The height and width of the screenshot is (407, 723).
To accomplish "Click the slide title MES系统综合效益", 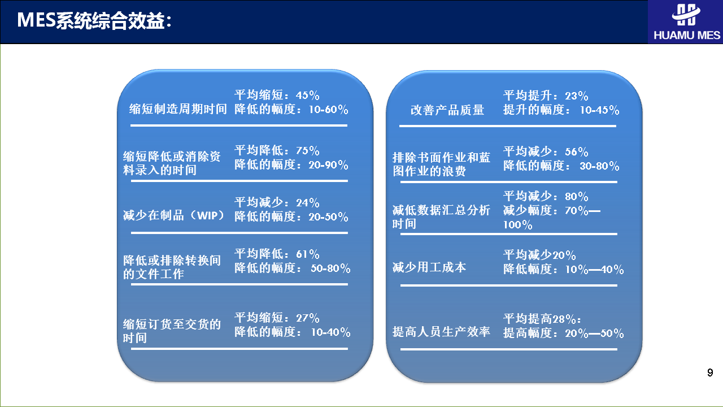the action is point(94,20).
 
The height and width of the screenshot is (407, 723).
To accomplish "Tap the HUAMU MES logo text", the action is point(687,35).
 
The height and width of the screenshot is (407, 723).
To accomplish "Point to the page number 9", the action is point(710,373).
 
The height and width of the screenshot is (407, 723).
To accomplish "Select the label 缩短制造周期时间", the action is point(178,109).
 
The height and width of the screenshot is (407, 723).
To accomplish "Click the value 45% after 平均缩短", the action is point(308,96).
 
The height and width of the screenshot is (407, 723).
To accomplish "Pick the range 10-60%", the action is point(329,110).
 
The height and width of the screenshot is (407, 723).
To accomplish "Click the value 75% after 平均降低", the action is point(308,151).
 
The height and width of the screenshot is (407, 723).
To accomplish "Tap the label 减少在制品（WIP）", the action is point(173,215).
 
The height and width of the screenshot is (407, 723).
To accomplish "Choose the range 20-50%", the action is point(329,217).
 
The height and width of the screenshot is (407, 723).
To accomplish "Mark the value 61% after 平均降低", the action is point(308,254).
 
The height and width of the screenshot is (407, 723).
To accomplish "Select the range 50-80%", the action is point(330,269).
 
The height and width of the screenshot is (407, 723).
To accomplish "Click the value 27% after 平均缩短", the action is point(308,318).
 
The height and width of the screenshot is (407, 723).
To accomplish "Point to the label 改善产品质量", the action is point(447,110).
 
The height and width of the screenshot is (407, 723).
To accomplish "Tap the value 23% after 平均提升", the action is point(577,96).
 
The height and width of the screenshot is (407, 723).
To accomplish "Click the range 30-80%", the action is point(599,166).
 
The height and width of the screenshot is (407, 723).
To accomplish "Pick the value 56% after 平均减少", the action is point(577,152).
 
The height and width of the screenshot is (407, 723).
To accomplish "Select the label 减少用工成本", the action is point(429,267).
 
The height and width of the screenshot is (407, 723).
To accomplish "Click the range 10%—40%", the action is point(594,270).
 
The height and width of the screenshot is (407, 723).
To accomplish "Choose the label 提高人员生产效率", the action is point(441,332).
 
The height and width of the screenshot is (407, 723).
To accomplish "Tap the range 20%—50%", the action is point(594,334).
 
